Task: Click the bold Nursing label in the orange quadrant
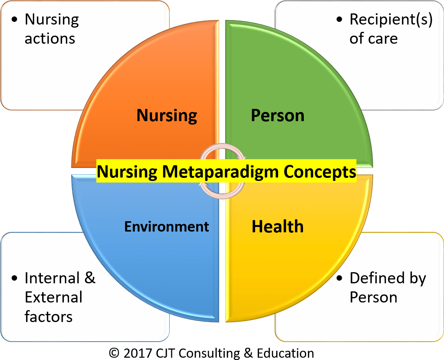[167, 116]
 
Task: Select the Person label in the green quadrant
[277, 116]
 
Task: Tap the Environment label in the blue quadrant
[167, 227]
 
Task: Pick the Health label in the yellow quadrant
[277, 227]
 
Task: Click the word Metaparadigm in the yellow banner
[220, 172]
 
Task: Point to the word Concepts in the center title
[320, 172]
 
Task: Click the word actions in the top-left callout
[50, 39]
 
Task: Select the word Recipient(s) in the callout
[391, 20]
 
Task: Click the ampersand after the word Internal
[90, 278]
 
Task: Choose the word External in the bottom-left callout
[54, 298]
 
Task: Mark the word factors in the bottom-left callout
[48, 317]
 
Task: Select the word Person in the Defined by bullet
[374, 298]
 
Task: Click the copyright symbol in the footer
[114, 353]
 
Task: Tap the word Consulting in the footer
[209, 353]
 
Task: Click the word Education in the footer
[285, 353]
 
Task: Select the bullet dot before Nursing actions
[15, 20]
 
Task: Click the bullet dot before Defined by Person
[339, 278]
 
